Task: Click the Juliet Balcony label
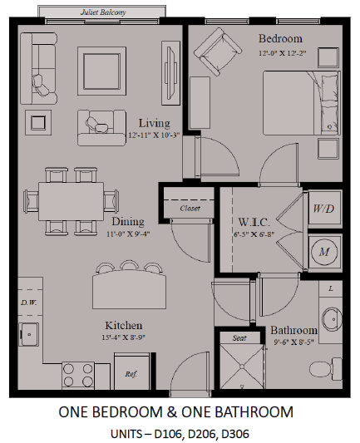[x=103, y=12]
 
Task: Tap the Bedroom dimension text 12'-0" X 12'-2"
[x=283, y=53]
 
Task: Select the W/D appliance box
[x=324, y=209]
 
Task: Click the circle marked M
[x=324, y=252]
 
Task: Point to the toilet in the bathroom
[x=325, y=369]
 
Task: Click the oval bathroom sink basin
[x=333, y=319]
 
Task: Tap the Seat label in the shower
[x=239, y=338]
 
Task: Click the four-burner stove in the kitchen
[x=78, y=375]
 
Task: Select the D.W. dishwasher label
[x=29, y=303]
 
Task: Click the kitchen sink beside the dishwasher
[x=28, y=334]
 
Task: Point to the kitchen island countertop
[x=129, y=289]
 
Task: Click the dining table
[x=71, y=201]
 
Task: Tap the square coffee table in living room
[x=101, y=71]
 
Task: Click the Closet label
[x=190, y=209]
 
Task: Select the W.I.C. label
[x=254, y=222]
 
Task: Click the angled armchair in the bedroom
[x=218, y=52]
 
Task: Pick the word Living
[x=155, y=123]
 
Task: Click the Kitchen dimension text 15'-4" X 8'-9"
[x=124, y=337]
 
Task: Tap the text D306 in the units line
[x=235, y=434]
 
